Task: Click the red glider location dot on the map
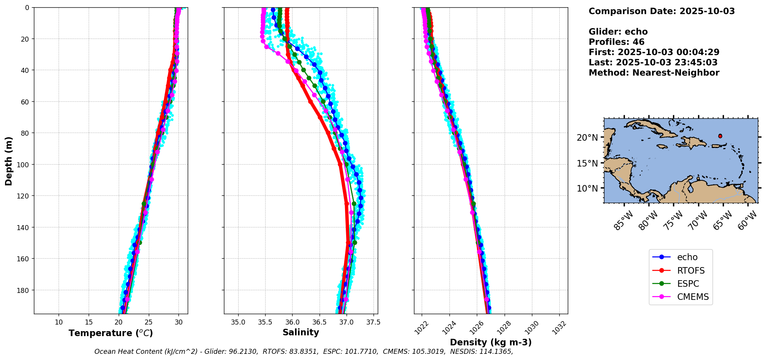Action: (720, 136)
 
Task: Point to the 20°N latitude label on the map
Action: (587, 138)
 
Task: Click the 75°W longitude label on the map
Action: (674, 220)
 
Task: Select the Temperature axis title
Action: (111, 333)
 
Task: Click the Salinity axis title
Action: (301, 332)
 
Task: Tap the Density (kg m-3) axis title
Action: (491, 342)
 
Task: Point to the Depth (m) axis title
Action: (8, 161)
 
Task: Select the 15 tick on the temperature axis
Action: (89, 322)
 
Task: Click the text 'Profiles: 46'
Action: (616, 42)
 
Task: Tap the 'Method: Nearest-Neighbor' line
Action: (654, 73)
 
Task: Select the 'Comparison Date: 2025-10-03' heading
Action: (661, 11)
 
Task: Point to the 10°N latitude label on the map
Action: (587, 188)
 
